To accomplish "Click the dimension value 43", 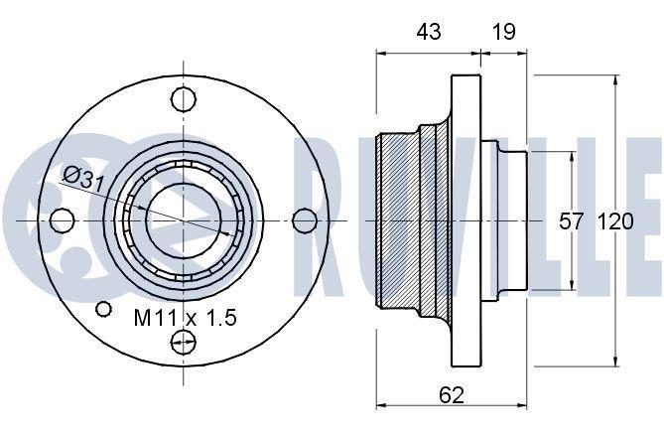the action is coord(429,32).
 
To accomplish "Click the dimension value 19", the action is coord(503,32).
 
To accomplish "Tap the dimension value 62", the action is coord(452,395).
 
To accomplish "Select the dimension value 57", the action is coord(572,221).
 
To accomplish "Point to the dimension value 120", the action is coord(615,221).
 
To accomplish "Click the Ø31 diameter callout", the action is coord(83,178).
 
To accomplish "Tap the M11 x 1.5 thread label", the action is coord(185,318).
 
